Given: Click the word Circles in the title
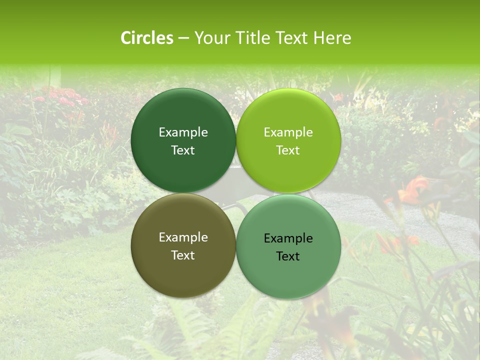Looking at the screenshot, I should [x=147, y=38].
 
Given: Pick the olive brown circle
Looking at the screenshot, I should [x=183, y=270].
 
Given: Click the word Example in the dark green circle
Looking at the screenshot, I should [x=183, y=132].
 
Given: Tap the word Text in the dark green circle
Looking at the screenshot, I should [x=183, y=150].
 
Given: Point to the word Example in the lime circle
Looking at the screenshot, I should [x=288, y=132].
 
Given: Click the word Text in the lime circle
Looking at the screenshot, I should [x=288, y=150].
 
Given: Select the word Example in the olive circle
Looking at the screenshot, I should [x=183, y=237].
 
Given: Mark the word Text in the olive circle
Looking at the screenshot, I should [x=183, y=255].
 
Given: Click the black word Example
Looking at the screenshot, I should [x=288, y=238].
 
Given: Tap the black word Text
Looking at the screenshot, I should [x=288, y=256].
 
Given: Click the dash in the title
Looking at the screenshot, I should [x=183, y=38].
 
